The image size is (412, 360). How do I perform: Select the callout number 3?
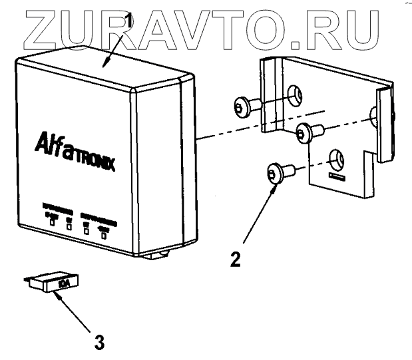point(99,343)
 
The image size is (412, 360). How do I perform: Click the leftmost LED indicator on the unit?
point(51,223)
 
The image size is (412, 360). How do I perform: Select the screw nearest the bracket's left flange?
point(246,105)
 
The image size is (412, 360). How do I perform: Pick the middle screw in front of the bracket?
point(307,132)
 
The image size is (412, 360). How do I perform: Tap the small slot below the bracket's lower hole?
point(335,178)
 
